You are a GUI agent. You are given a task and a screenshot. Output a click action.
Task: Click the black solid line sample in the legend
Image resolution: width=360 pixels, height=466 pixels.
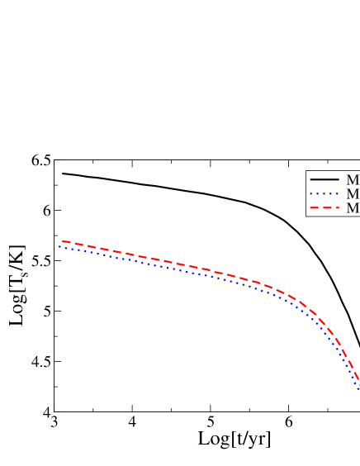click(324, 179)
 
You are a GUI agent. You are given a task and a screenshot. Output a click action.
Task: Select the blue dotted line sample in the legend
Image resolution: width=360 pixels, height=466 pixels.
click(324, 194)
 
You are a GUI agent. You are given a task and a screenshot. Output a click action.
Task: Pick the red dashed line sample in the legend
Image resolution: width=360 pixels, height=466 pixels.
click(324, 208)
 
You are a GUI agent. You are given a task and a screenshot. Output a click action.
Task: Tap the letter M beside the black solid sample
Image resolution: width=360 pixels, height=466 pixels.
click(353, 180)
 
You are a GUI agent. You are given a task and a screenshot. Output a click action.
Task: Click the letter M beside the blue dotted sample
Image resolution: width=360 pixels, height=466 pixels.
click(353, 194)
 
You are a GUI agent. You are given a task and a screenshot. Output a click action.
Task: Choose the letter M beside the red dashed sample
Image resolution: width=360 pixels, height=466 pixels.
click(353, 208)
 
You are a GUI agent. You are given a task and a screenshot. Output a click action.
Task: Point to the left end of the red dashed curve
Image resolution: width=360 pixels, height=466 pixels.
click(63, 241)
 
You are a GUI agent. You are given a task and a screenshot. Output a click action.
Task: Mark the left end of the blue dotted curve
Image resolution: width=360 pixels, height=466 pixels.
click(59, 246)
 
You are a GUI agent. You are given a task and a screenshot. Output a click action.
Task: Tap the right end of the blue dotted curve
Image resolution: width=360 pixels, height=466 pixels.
click(358, 388)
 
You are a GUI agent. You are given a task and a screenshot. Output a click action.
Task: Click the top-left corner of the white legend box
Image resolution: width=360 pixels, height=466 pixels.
click(306, 172)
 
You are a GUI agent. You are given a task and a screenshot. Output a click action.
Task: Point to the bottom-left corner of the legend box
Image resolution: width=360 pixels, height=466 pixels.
click(306, 216)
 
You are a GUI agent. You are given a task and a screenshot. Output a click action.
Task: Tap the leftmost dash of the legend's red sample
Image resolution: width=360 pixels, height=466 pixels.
click(314, 208)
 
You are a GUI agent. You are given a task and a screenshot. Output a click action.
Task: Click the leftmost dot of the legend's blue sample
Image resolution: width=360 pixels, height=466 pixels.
click(311, 194)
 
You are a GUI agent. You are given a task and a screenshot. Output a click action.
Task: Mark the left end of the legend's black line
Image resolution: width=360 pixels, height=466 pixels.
click(310, 179)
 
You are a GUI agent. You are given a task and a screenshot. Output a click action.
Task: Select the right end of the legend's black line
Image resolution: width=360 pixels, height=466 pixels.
click(339, 179)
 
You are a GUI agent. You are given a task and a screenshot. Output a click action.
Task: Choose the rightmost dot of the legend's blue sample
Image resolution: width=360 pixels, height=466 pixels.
click(338, 194)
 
